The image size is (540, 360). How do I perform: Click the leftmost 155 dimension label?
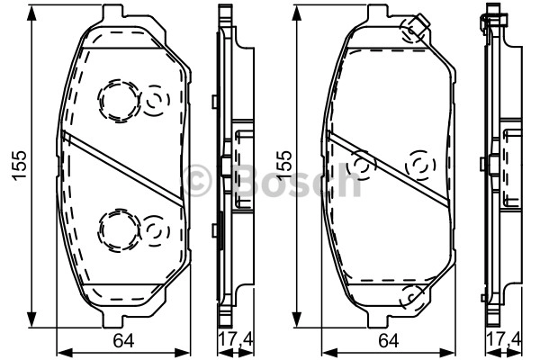(x=19, y=166)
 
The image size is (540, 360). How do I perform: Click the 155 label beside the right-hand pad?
(x=283, y=166)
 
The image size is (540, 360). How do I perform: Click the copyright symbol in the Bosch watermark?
(x=197, y=180)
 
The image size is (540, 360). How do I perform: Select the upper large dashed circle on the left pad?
(x=119, y=101)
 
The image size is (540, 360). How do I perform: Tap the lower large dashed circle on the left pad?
(x=119, y=229)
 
